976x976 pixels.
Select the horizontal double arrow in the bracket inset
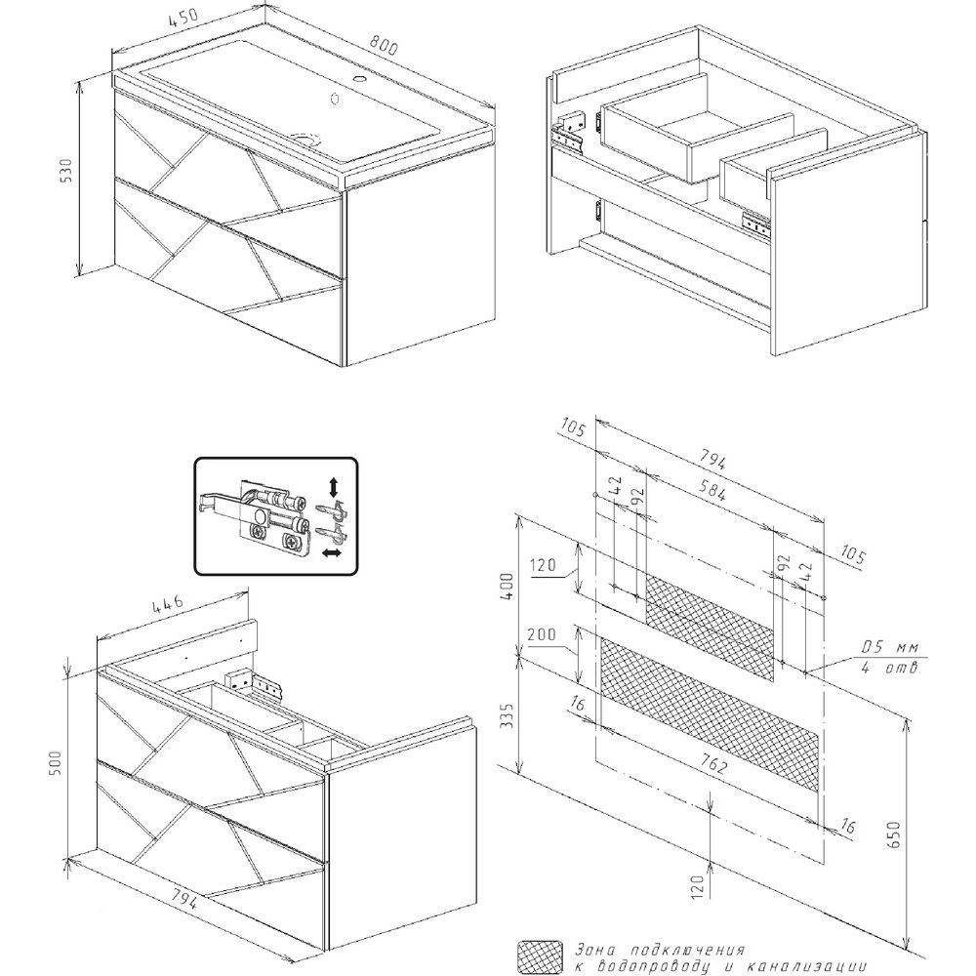(332, 553)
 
